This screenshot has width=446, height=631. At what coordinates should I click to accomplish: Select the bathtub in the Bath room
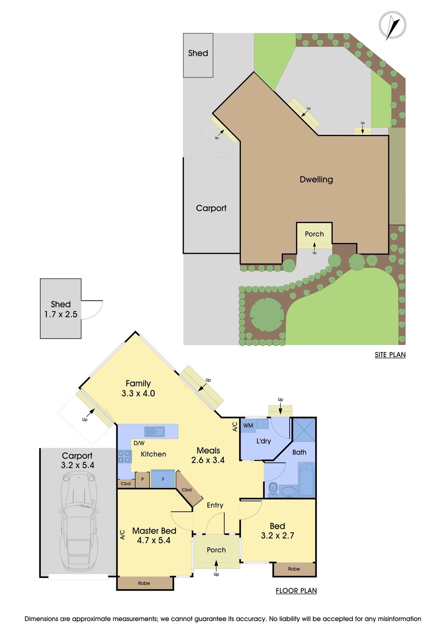(307, 479)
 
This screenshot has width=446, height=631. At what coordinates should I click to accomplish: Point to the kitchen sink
(155, 431)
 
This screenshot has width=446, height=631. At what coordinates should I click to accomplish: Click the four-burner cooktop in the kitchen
(125, 456)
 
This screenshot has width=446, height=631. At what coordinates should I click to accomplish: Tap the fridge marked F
(163, 479)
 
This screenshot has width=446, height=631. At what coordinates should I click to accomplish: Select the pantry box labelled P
(142, 479)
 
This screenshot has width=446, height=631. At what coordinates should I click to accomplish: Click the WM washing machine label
(248, 425)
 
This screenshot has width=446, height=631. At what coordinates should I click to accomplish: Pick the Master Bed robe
(144, 583)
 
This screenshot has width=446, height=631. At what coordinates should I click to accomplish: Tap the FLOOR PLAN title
(296, 591)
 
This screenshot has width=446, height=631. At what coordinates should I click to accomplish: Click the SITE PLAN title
(390, 355)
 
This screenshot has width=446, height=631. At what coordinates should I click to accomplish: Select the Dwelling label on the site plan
(316, 179)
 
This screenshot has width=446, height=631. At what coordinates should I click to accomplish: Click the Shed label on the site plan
(198, 53)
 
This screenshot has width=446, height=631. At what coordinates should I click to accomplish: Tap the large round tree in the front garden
(267, 315)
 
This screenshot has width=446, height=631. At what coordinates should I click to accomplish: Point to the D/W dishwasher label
(139, 443)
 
